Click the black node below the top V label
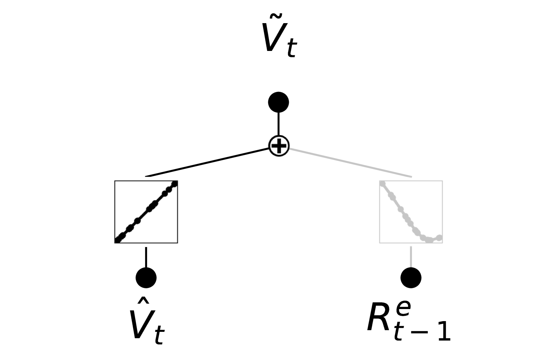point(278,102)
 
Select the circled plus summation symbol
point(279,146)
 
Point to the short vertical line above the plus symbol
point(279,124)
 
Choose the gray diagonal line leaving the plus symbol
point(350,162)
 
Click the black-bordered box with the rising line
point(146,212)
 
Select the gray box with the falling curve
point(411,212)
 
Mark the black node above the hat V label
point(146,278)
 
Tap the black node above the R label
point(411,278)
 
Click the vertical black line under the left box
point(146,257)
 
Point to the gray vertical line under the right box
point(411,257)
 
